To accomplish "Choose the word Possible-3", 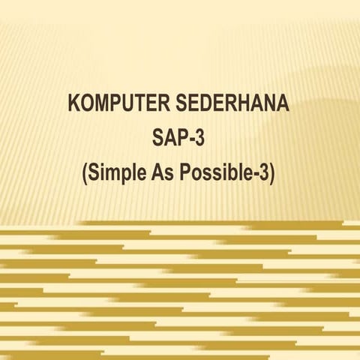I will [225, 175].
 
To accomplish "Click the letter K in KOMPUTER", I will [74, 104].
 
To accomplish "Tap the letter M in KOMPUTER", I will [102, 104].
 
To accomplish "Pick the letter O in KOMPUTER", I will [87, 104].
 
